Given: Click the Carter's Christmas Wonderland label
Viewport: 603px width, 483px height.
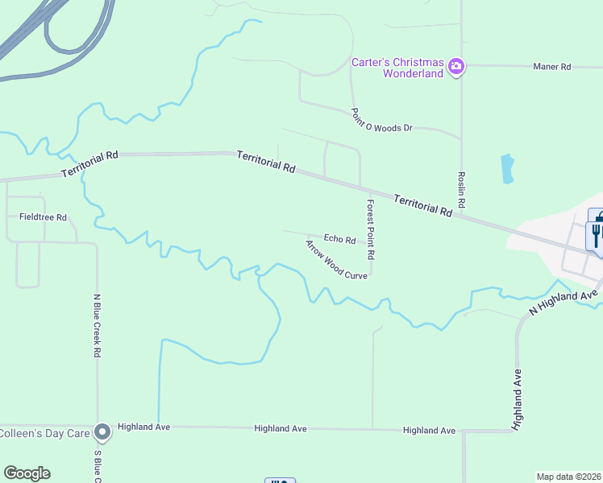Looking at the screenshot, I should tap(397, 68).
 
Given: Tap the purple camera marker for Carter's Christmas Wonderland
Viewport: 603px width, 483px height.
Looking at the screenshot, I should tap(456, 66).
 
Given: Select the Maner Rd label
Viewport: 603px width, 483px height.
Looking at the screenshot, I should tap(552, 67).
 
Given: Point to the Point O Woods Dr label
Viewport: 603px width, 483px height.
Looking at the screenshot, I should tap(381, 122).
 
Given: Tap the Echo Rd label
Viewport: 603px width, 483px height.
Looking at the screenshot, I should tap(339, 239).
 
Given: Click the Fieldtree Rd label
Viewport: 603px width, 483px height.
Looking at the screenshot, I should tap(43, 217).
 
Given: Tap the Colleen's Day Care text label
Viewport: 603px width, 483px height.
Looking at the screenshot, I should tap(44, 433).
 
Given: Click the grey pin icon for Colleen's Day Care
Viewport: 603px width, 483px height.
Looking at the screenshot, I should tap(102, 433).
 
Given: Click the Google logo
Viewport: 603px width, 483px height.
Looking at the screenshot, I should tap(27, 473).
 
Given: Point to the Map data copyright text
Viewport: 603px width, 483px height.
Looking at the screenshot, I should tap(568, 477).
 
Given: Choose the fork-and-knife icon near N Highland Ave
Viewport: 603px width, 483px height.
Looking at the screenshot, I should tap(597, 234).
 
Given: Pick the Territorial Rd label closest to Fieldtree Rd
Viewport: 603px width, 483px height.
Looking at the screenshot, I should tap(90, 164).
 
